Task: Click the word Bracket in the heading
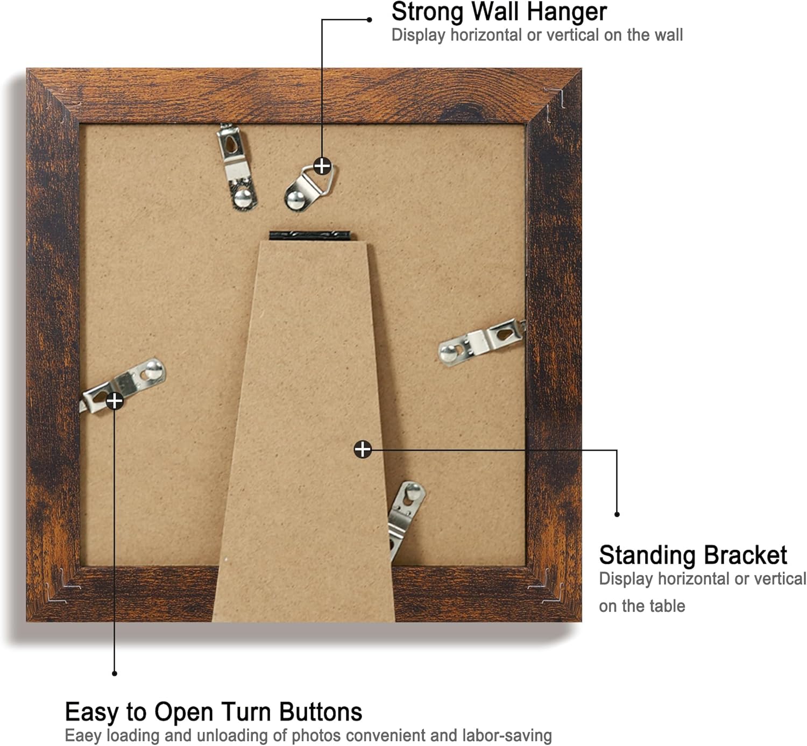pyautogui.click(x=746, y=555)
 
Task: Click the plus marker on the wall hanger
pyautogui.click(x=323, y=166)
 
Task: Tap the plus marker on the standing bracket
pyautogui.click(x=363, y=450)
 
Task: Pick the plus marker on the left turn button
pyautogui.click(x=114, y=401)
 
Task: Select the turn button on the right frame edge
pyautogui.click(x=482, y=342)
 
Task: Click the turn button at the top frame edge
pyautogui.click(x=237, y=167)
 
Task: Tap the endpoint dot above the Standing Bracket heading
pyautogui.click(x=617, y=514)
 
